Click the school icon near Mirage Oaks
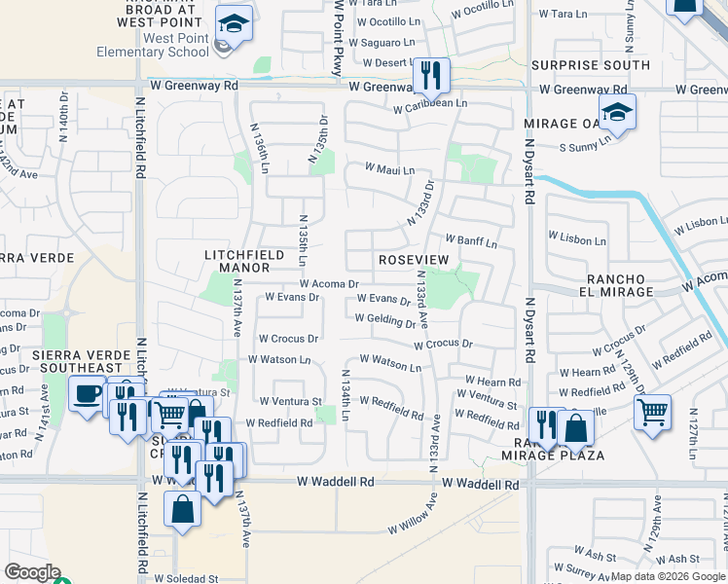[617, 113]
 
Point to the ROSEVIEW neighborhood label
[414, 261]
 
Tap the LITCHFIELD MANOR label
[244, 262]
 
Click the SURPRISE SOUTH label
[591, 65]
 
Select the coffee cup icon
[88, 394]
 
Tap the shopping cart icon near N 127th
[651, 411]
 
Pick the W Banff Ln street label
[471, 240]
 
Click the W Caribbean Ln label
[430, 103]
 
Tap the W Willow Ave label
[414, 513]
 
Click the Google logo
[32, 572]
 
